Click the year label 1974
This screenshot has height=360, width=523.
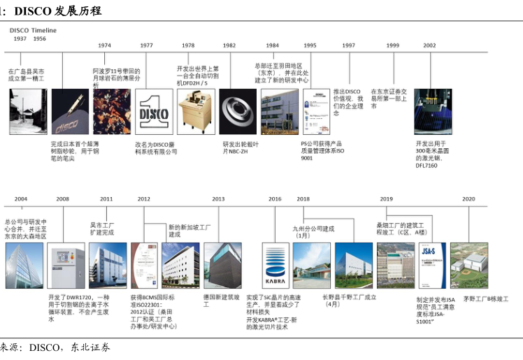pyautogui.click(x=104, y=45)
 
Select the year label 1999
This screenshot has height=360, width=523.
pyautogui.click(x=392, y=45)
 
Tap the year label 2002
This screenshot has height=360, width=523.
pyautogui.click(x=429, y=45)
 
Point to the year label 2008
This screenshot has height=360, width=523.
pyautogui.click(x=63, y=199)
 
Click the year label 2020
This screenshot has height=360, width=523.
pyautogui.click(x=468, y=199)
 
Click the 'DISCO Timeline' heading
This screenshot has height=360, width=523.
pyautogui.click(x=33, y=31)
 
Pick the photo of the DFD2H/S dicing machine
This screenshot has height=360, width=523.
pyautogui.click(x=194, y=111)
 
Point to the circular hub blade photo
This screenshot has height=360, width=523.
pyautogui.click(x=237, y=111)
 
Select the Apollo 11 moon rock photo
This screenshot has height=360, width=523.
pyautogui.click(x=111, y=111)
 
